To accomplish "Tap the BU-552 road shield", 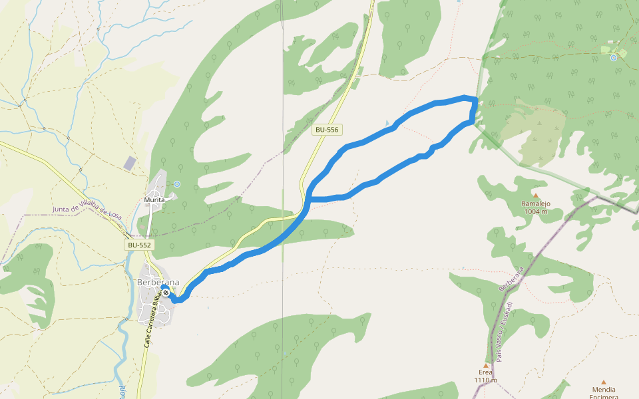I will coord(140,245).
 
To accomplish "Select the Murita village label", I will coord(154,199).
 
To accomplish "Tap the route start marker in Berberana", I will coord(166,293).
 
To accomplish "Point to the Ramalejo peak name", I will coord(535,204).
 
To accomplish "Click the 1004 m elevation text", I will coord(535,211).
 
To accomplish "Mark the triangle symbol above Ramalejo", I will coord(535,196).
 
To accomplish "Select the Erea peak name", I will coord(485,372).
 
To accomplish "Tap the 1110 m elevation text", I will coord(485,380).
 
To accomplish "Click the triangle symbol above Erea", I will coord(486,365).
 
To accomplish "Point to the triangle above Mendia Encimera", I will coord(604,382).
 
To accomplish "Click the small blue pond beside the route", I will coord(387,123).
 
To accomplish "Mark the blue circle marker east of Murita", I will coord(176,184).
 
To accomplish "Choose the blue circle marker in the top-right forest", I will coord(614,58).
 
